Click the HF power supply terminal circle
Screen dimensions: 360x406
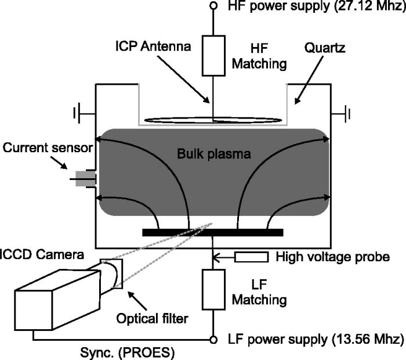(x=213, y=6)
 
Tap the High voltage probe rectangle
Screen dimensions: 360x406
(x=252, y=257)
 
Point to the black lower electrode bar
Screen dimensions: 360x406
(x=212, y=232)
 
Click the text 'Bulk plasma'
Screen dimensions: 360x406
(x=212, y=155)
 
